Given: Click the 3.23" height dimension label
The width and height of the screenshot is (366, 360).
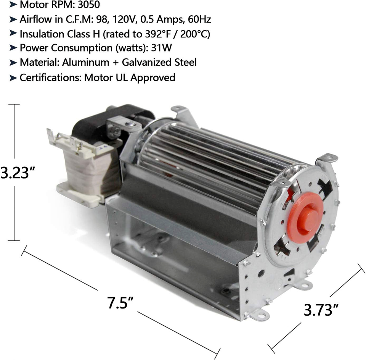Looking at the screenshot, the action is tap(18, 172).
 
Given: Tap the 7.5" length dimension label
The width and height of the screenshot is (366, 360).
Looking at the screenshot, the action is tap(120, 302).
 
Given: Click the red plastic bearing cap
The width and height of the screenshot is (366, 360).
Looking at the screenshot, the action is tap(305, 218).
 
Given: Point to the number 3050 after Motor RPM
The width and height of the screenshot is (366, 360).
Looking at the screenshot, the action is tap(89, 5).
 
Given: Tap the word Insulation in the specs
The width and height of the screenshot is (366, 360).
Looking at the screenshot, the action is tap(41, 34).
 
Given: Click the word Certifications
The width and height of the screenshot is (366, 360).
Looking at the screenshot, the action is tap(51, 77).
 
